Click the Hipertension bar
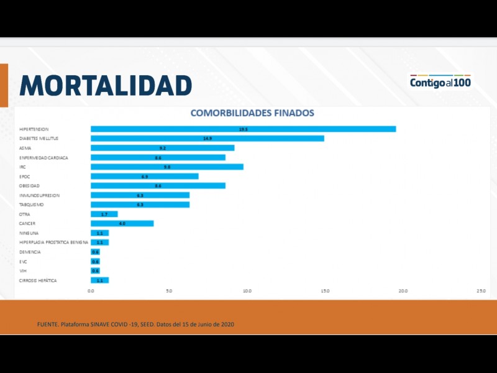click(243, 129)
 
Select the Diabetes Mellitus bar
click(207, 138)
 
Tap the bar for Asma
click(162, 148)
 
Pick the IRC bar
click(166, 167)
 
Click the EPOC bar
click(144, 176)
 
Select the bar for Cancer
click(122, 223)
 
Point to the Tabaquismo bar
click(140, 205)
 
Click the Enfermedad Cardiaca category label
click(43, 157)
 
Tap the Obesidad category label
click(29, 186)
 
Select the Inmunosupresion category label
click(39, 195)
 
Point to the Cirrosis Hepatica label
click(38, 280)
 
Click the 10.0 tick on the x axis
click(247, 291)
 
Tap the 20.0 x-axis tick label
click(403, 291)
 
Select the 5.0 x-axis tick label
click(169, 291)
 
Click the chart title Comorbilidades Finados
click(252, 113)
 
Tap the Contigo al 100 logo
click(440, 82)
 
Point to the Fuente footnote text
click(135, 325)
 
